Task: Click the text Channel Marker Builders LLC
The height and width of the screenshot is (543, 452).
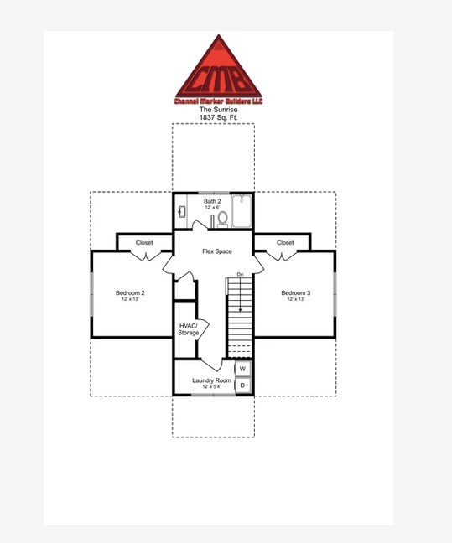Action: tap(218, 101)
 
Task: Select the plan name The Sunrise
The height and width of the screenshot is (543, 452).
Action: tap(218, 110)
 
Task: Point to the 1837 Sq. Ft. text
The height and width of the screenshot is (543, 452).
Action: tap(218, 118)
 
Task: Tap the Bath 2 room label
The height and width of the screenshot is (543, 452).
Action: tap(212, 201)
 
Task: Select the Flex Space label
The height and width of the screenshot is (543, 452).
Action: tap(216, 251)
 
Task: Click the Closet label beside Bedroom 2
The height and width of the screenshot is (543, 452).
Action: tap(144, 243)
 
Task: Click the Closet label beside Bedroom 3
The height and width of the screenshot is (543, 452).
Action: tap(285, 243)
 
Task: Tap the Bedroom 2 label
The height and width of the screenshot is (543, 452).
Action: tap(130, 292)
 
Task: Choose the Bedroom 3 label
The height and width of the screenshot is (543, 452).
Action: tap(295, 292)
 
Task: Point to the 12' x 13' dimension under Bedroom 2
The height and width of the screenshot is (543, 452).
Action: tap(130, 299)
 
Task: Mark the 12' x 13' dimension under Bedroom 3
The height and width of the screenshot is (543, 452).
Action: tap(295, 299)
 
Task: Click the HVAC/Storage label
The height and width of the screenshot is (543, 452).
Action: tap(188, 329)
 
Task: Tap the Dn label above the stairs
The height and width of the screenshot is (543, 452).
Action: tap(240, 275)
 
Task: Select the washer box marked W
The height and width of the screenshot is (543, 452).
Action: tap(242, 369)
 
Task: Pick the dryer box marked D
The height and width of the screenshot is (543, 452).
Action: tap(242, 385)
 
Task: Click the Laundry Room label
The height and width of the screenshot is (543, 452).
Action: tap(211, 380)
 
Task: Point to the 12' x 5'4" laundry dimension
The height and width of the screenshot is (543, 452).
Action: tap(211, 387)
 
